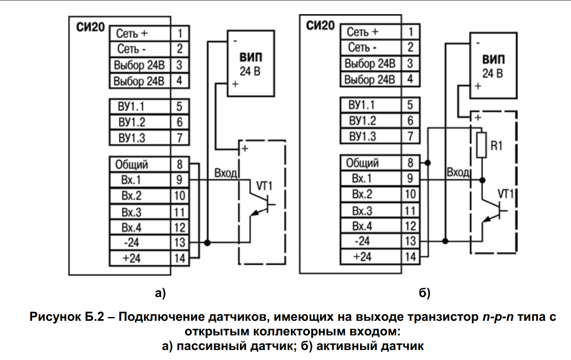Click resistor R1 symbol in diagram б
click(x=481, y=145)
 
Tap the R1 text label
click(x=496, y=146)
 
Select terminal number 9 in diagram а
click(x=180, y=180)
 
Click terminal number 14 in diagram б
click(x=411, y=257)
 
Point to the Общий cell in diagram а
click(x=140, y=164)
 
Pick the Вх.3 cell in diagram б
click(x=371, y=211)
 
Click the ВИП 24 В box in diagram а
click(x=251, y=63)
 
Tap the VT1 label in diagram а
click(x=264, y=186)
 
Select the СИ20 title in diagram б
click(x=320, y=25)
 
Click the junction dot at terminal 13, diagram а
click(x=208, y=242)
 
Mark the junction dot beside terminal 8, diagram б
click(x=428, y=163)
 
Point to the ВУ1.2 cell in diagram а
click(x=140, y=122)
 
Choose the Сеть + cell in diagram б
click(x=371, y=32)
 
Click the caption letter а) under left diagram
click(x=160, y=293)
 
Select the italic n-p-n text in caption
click(x=498, y=317)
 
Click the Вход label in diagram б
click(x=458, y=172)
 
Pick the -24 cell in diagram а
click(x=140, y=242)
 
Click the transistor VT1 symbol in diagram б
click(x=493, y=211)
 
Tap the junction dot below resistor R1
click(x=482, y=180)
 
